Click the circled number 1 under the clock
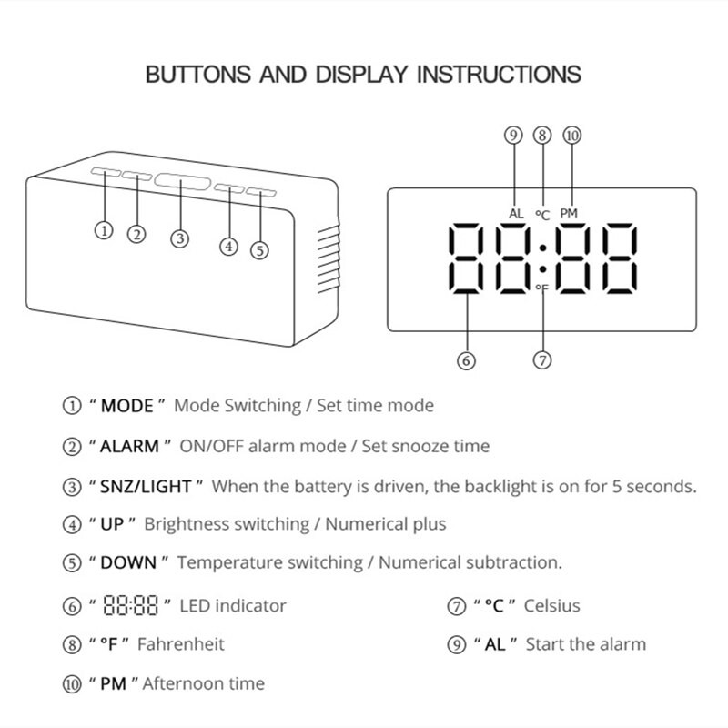tap(106, 230)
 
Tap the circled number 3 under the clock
tap(181, 238)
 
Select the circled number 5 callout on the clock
tap(260, 250)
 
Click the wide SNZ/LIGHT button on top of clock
tap(180, 180)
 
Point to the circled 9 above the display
tap(513, 136)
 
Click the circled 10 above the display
tap(571, 136)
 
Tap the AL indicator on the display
tap(516, 214)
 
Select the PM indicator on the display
tap(569, 214)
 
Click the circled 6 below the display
tap(466, 360)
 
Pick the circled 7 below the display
tap(542, 360)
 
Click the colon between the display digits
tap(541, 258)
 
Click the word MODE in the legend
tap(126, 406)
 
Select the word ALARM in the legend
tap(130, 446)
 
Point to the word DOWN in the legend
tap(128, 563)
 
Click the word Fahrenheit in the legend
tap(180, 644)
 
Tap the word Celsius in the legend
tap(551, 606)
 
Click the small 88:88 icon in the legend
tap(131, 606)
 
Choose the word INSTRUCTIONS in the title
tap(499, 74)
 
